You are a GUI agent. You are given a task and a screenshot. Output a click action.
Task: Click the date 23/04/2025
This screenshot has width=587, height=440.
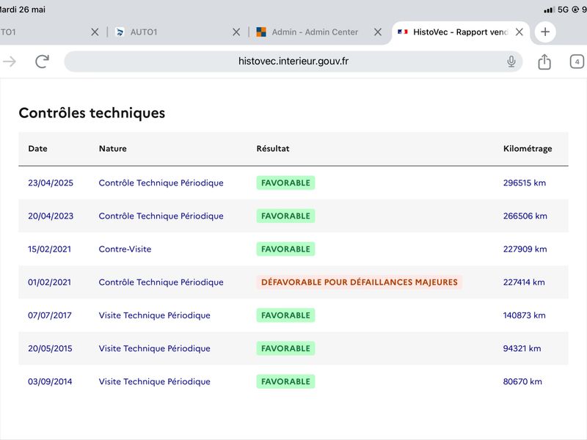51,183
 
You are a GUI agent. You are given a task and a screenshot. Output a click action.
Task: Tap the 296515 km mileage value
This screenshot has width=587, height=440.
525,183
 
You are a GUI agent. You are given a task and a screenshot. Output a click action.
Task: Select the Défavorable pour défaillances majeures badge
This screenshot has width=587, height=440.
359,282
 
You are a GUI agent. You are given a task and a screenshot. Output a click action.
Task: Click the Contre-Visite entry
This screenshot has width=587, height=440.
125,249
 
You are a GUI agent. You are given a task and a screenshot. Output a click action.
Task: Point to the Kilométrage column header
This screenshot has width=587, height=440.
528,149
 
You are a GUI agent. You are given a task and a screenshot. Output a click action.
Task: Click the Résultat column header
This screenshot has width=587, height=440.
272,149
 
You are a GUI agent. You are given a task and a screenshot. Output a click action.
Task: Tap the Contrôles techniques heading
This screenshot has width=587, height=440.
92,113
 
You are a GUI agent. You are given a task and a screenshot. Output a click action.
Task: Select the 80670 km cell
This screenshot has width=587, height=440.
522,381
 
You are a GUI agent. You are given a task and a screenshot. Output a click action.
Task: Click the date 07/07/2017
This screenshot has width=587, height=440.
50,315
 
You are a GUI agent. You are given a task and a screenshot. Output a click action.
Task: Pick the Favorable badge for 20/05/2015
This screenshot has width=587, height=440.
285,348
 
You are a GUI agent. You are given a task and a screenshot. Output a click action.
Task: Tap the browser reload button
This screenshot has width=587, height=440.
43,62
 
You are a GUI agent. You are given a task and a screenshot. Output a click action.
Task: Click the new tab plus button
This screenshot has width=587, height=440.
545,32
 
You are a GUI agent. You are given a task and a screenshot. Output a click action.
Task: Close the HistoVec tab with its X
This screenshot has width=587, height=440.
519,32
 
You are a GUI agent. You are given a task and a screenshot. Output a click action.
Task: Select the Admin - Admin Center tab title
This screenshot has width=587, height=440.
315,32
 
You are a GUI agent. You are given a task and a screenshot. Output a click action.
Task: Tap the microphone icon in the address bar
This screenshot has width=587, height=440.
511,62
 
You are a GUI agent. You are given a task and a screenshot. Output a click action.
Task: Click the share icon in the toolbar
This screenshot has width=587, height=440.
544,62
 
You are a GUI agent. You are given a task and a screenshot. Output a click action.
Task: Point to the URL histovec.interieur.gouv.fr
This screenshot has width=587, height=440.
293,61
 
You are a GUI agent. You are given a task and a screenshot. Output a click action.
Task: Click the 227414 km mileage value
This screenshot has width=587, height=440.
524,282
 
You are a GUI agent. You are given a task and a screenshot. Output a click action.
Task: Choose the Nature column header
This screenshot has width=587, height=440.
113,149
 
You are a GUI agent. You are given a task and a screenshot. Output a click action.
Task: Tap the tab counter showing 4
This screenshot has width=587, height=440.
577,62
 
